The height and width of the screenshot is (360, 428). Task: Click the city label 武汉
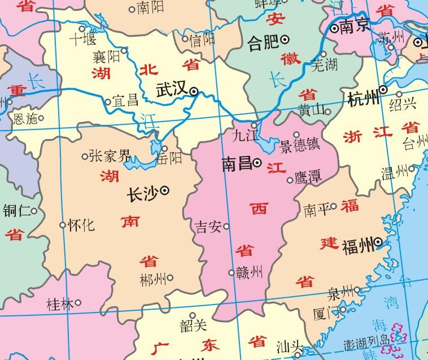tap(172, 90)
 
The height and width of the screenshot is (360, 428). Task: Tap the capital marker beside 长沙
tap(165, 191)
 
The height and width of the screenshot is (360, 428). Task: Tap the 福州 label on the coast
tap(358, 245)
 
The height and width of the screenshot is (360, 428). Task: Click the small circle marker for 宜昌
tap(108, 102)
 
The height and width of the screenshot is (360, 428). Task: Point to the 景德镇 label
tap(299, 145)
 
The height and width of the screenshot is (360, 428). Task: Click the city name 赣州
tap(249, 272)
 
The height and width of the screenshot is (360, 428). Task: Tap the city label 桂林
tap(60, 304)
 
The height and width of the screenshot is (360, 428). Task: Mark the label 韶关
tap(193, 326)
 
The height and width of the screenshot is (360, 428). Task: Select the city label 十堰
tap(82, 39)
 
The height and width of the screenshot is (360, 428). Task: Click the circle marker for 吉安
tap(226, 227)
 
